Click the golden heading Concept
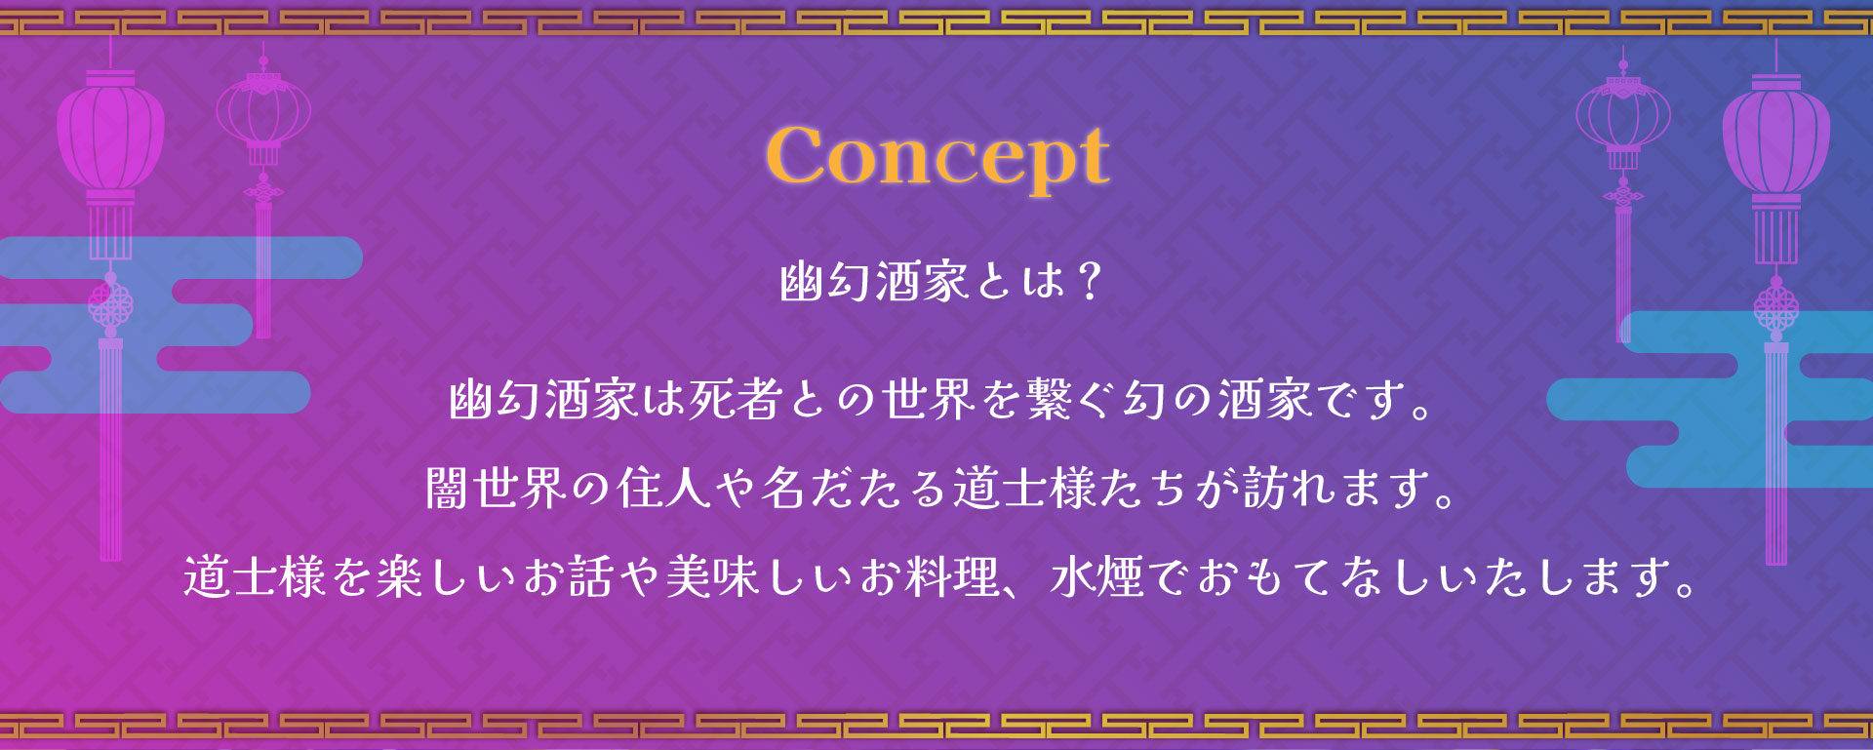pos(937,156)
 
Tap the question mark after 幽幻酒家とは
pos(1091,281)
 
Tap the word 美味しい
pos(760,576)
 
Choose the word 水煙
pos(1097,576)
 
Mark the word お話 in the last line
pos(569,576)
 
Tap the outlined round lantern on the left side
pos(263,113)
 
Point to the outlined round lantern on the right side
pos(1623,115)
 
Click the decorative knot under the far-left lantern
pos(110,305)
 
